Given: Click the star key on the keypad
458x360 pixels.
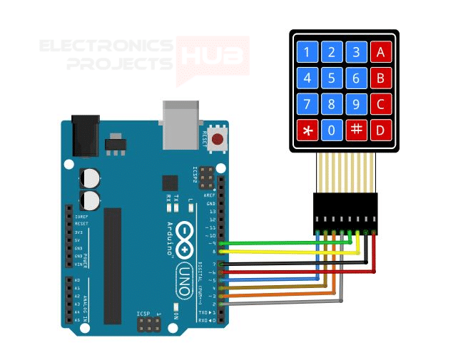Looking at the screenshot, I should click(307, 130).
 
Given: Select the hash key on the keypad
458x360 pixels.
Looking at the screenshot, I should click(356, 130).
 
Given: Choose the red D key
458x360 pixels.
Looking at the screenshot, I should click(381, 130).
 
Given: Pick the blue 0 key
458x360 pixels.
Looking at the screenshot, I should click(332, 130).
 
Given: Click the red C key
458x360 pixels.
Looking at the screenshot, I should click(381, 104).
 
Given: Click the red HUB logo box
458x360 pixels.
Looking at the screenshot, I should click(213, 56).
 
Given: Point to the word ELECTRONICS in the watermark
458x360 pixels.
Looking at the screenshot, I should click(106, 47).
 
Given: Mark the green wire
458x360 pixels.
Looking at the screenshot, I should click(285, 244).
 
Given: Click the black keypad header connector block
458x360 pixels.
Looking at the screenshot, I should click(345, 212).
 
